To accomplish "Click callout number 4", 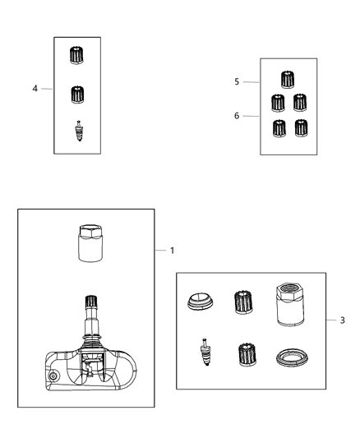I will click(35, 89).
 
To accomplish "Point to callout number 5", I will click(236, 82).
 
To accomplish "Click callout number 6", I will click(236, 116).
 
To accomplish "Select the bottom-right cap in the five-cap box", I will click(301, 128).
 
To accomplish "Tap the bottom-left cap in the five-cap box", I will click(279, 128).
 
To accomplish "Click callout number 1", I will click(172, 250).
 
